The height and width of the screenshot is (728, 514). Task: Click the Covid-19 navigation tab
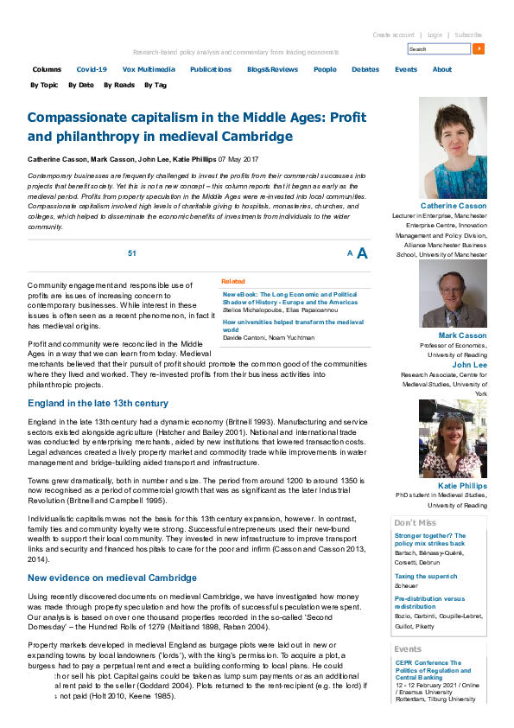pyautogui.click(x=92, y=69)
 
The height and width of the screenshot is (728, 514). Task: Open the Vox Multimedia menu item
pyautogui.click(x=149, y=69)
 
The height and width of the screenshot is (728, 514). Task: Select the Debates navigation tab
pyautogui.click(x=365, y=69)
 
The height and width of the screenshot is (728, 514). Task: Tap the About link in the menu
pyautogui.click(x=441, y=69)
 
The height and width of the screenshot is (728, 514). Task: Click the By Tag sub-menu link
pyautogui.click(x=155, y=85)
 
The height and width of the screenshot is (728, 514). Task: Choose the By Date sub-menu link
pyautogui.click(x=80, y=85)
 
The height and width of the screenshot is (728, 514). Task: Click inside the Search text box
pyautogui.click(x=439, y=49)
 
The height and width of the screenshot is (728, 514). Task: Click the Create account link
pyautogui.click(x=393, y=35)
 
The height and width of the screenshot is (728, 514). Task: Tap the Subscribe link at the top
pyautogui.click(x=469, y=35)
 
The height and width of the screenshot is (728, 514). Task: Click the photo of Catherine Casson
pyautogui.click(x=453, y=148)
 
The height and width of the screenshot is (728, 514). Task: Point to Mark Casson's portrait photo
pyautogui.click(x=453, y=294)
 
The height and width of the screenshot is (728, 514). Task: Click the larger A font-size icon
pyautogui.click(x=362, y=253)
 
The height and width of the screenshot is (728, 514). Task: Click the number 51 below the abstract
pyautogui.click(x=132, y=252)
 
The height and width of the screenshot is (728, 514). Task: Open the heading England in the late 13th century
pyautogui.click(x=98, y=404)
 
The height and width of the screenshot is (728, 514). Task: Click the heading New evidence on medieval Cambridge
pyautogui.click(x=112, y=578)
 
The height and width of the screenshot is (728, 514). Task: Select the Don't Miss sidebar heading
pyautogui.click(x=415, y=523)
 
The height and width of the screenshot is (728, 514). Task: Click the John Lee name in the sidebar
pyautogui.click(x=469, y=364)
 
